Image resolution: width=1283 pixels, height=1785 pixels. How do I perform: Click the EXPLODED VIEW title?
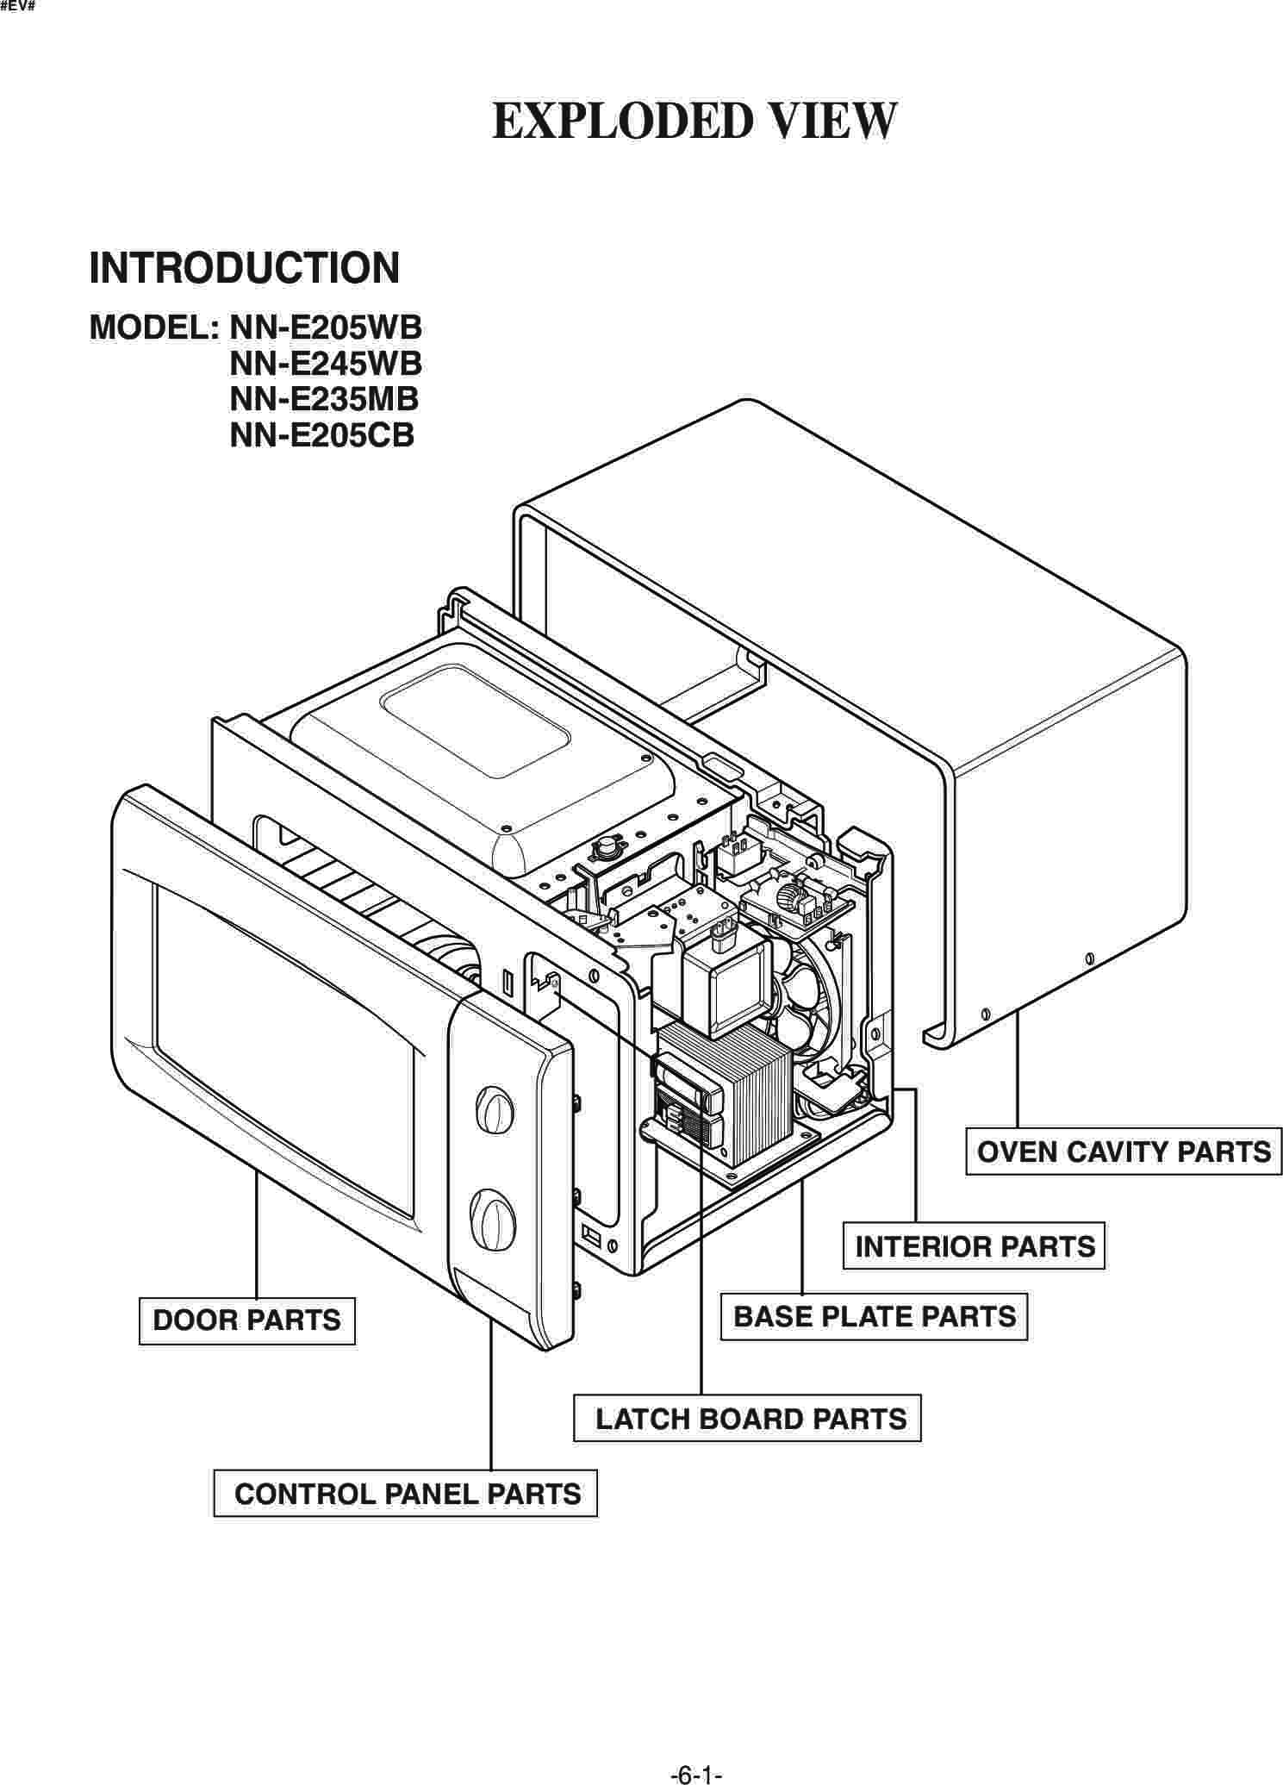pos(694,121)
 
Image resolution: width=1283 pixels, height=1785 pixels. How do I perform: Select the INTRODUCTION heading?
pos(245,268)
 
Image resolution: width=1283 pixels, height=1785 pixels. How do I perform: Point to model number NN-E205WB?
pos(326,328)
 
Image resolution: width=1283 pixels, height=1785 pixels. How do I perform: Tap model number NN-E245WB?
pos(326,364)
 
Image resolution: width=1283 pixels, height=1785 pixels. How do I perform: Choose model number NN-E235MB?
pos(324,399)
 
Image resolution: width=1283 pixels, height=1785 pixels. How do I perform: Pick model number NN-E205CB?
pos(322,435)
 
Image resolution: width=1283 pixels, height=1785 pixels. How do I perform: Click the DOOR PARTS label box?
pos(247,1320)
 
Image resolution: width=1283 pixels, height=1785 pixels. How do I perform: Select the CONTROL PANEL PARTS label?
pos(406,1494)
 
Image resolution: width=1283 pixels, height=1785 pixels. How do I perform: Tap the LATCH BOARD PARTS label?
pos(748,1419)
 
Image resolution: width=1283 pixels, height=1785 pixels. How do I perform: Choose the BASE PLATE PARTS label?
pos(875,1317)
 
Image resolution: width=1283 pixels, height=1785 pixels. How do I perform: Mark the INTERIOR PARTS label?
pos(975,1246)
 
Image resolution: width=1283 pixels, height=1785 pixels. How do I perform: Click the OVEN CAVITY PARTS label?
pos(1124,1152)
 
